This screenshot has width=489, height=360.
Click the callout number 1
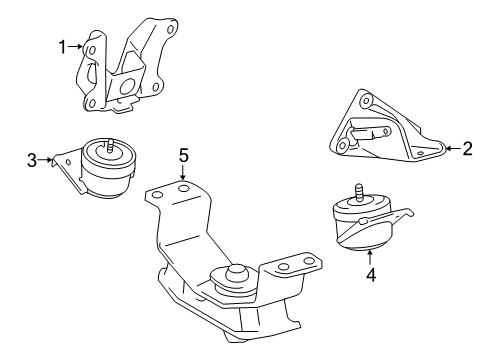(x=61, y=46)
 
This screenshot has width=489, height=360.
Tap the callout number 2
(x=467, y=149)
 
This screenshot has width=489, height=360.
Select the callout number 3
(x=32, y=158)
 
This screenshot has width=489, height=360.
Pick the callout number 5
(x=183, y=155)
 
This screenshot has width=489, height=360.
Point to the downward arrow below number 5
(x=183, y=173)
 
